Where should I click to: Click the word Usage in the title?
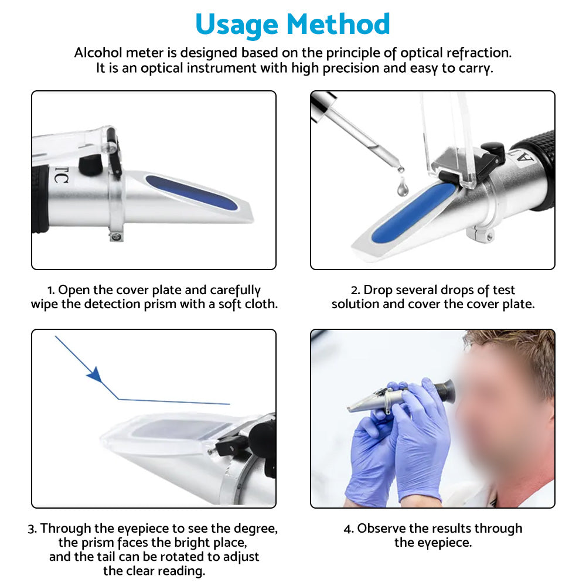coord(237,25)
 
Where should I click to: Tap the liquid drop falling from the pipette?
coord(402,187)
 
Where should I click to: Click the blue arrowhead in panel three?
coord(94,374)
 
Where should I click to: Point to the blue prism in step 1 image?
coord(192,192)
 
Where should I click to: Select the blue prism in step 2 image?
coord(414,212)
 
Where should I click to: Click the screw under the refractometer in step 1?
coord(116,236)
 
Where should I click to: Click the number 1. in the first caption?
coord(52,290)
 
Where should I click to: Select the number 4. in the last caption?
coord(349,529)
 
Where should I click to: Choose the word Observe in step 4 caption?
coord(381,529)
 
